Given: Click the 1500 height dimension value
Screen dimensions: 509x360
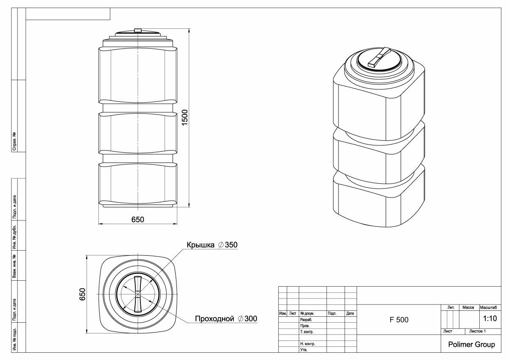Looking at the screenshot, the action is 185,117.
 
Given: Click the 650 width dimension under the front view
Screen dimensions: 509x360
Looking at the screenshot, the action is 138,220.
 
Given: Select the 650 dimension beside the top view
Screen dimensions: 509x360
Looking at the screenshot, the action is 82,294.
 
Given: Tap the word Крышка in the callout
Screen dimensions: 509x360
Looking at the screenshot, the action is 200,245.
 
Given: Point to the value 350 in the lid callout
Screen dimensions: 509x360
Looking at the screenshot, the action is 231,245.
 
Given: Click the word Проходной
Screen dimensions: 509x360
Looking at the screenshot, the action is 215,319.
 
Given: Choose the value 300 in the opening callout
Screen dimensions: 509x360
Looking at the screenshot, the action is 251,319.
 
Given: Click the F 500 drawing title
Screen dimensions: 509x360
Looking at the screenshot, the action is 399,320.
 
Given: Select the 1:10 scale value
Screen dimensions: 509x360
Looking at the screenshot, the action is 490,318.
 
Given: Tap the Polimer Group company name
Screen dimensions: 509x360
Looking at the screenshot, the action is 472,345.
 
